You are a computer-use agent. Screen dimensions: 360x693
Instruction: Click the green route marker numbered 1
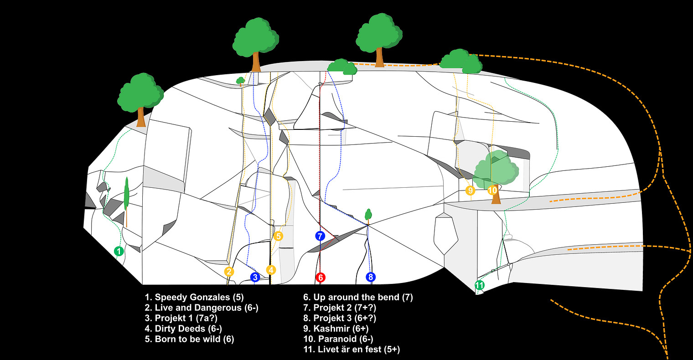pos(119,251)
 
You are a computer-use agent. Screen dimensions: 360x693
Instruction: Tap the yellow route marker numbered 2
pos(229,272)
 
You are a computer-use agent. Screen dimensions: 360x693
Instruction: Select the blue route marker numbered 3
pos(255,277)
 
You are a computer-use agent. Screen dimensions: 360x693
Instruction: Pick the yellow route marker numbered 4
pos(271,270)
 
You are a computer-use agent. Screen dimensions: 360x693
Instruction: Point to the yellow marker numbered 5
pos(279,236)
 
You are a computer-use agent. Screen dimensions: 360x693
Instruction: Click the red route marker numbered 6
pos(321,277)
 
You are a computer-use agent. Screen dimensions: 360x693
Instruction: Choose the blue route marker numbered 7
pos(320,236)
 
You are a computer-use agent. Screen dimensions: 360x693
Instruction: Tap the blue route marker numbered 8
pos(371,277)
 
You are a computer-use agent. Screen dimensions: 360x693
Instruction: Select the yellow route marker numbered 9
pos(470,190)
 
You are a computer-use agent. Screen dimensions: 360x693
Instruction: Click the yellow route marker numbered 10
pos(492,190)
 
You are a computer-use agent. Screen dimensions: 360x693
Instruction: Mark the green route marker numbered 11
pos(479,286)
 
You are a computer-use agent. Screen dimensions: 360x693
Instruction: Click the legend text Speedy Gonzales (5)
pos(194,298)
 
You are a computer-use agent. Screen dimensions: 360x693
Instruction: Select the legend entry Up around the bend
pos(358,298)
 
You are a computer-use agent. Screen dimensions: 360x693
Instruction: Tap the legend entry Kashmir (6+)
pos(336,329)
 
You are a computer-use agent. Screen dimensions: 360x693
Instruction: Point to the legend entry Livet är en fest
pos(352,350)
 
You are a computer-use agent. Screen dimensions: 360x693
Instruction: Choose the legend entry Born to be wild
pos(189,339)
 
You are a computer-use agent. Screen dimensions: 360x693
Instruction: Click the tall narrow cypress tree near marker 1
pos(126,196)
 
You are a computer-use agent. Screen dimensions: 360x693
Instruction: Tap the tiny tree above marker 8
pos(368,214)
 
